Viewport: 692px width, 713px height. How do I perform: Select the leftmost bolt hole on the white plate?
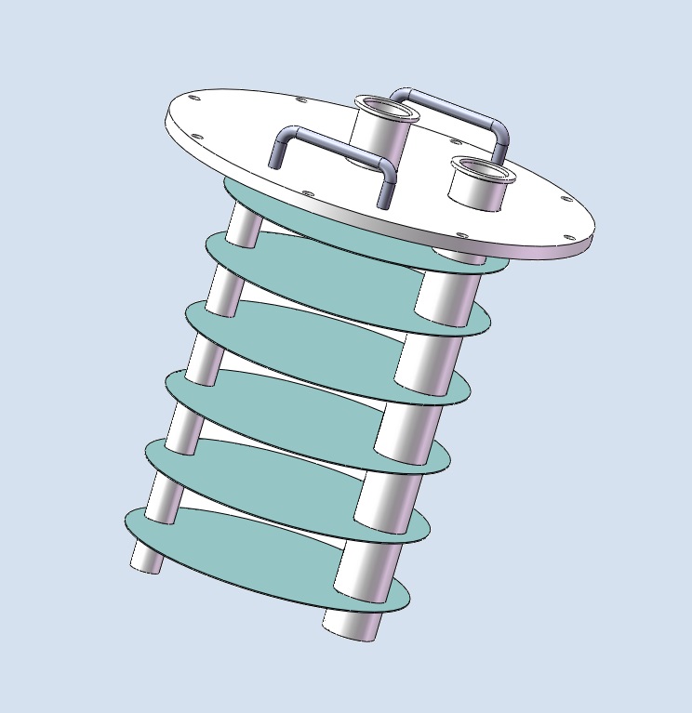pos(193,97)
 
